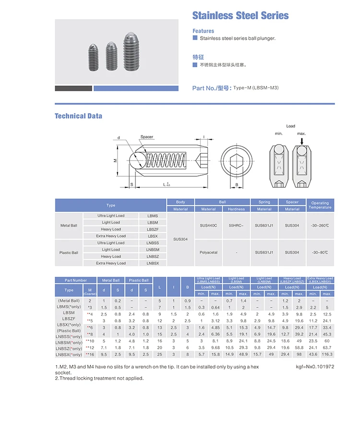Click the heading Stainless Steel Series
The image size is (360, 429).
tap(240, 15)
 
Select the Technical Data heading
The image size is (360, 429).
tap(78, 116)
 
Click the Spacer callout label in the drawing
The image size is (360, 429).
tap(147, 137)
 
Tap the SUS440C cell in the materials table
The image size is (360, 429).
tap(208, 225)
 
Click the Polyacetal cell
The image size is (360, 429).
tap(208, 252)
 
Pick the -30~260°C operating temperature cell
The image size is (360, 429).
tap(320, 225)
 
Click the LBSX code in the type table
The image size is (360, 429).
tap(153, 236)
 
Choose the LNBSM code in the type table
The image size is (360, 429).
tap(153, 249)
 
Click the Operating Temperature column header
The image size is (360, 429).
tap(320, 205)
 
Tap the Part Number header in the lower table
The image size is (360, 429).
tap(76, 280)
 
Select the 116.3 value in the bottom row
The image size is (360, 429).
tap(327, 354)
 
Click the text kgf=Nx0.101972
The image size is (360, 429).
tap(316, 367)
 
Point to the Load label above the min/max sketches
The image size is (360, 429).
tap(290, 126)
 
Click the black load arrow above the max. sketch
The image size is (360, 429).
tap(301, 141)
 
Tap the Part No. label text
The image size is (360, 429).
tap(211, 88)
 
